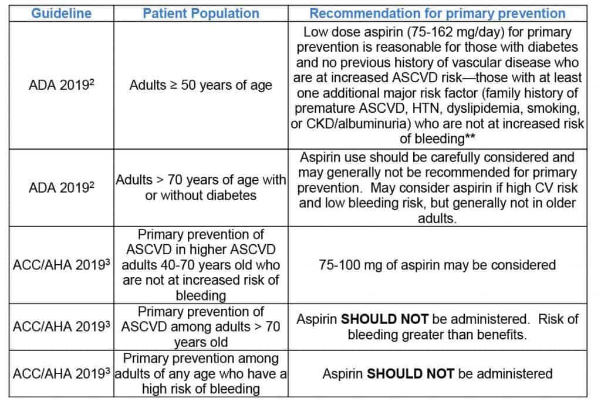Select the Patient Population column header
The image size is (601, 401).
(x=201, y=13)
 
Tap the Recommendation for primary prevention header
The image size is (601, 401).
(x=437, y=13)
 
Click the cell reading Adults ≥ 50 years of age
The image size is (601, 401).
(x=201, y=86)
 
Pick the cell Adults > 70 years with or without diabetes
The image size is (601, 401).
(x=201, y=187)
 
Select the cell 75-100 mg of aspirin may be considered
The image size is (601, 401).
(x=437, y=265)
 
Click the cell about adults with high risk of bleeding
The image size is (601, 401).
(x=201, y=373)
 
